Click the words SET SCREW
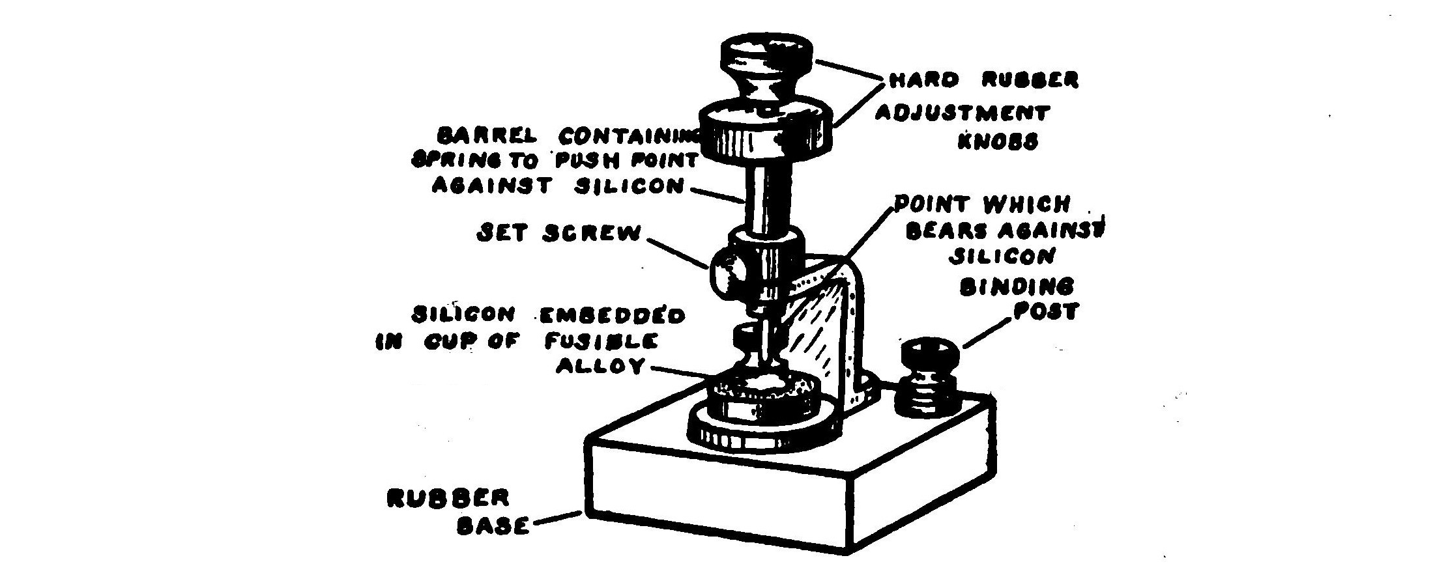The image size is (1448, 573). click(558, 234)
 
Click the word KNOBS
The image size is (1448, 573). click(996, 143)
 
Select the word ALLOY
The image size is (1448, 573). click(600, 367)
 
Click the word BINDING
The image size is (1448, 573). click(1017, 286)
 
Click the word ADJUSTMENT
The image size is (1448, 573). click(961, 113)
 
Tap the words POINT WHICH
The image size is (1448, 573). click(981, 205)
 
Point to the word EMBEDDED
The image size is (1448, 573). click(611, 316)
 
